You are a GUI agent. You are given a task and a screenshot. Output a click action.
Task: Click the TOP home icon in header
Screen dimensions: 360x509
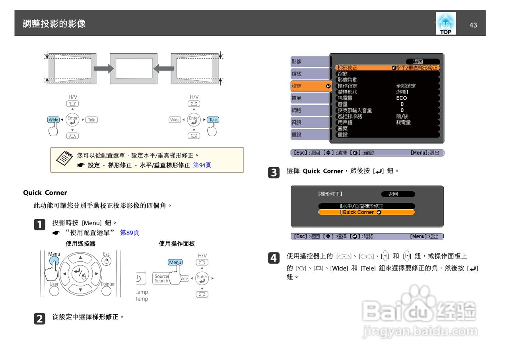[x=446, y=23]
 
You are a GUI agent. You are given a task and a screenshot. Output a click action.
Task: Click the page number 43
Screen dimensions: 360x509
[x=473, y=25]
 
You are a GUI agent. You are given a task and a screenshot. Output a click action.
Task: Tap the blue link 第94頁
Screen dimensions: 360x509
[x=202, y=165]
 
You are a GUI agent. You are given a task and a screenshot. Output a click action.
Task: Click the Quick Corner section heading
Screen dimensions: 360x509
[x=45, y=193]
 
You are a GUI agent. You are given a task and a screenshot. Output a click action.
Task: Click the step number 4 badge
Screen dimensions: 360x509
[x=274, y=258]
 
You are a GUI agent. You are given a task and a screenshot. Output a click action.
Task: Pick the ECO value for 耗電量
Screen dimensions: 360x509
[x=401, y=98]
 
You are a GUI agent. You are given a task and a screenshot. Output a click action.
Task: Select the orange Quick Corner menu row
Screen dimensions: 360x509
[x=366, y=212]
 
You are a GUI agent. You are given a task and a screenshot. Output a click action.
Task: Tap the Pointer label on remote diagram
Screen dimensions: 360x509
[x=108, y=284]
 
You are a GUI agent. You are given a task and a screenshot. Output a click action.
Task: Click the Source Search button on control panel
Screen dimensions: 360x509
[x=161, y=278]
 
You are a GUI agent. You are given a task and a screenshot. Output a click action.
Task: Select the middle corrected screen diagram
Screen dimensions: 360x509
[x=131, y=68]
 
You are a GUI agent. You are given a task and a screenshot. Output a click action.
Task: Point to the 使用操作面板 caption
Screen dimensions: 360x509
[x=177, y=243]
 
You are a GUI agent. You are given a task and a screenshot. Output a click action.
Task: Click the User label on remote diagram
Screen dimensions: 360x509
[x=54, y=284]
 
